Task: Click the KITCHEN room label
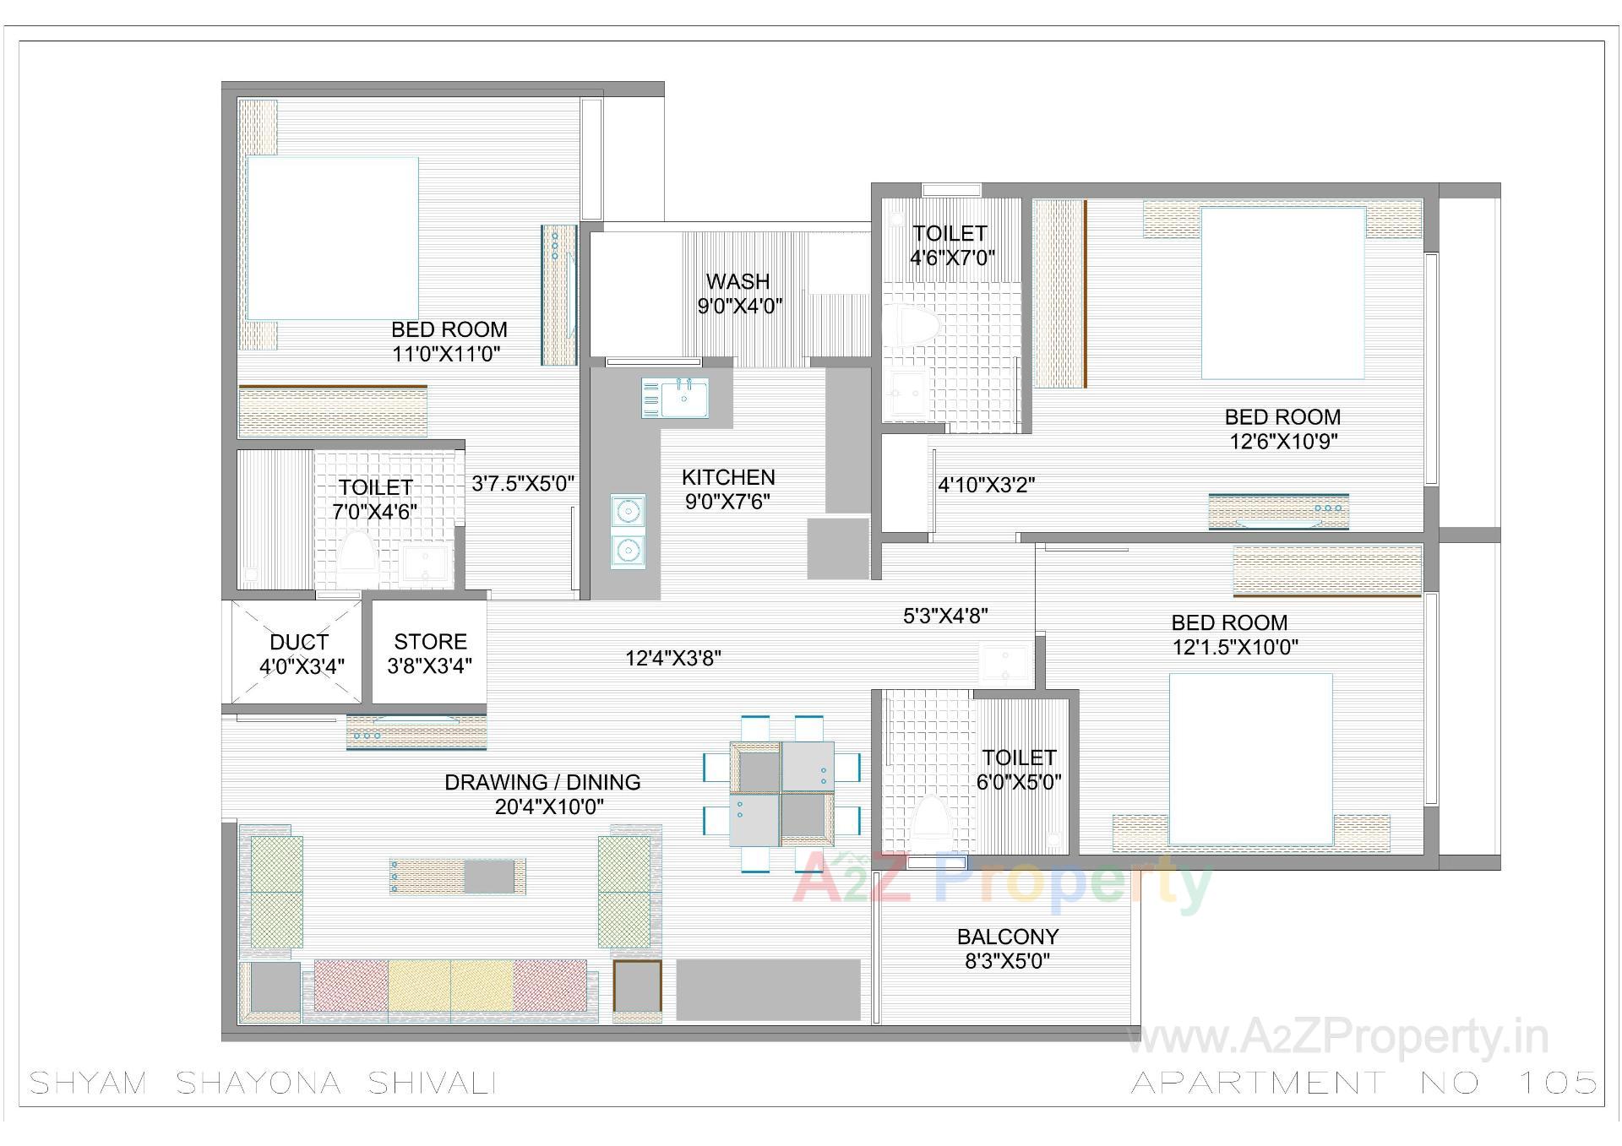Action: (727, 478)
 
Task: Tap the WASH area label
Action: (738, 282)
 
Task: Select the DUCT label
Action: (299, 643)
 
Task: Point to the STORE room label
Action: (430, 642)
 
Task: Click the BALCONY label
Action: (1007, 937)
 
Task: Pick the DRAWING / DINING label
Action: (542, 783)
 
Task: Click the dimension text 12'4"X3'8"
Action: (672, 658)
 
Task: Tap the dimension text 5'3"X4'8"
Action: (945, 616)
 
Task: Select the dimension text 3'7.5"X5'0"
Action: (523, 484)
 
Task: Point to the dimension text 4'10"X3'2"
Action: (986, 485)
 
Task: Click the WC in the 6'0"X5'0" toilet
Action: (931, 818)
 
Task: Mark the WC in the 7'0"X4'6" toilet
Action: (357, 554)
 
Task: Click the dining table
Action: (781, 795)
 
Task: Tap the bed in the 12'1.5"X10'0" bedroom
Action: (1250, 759)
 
